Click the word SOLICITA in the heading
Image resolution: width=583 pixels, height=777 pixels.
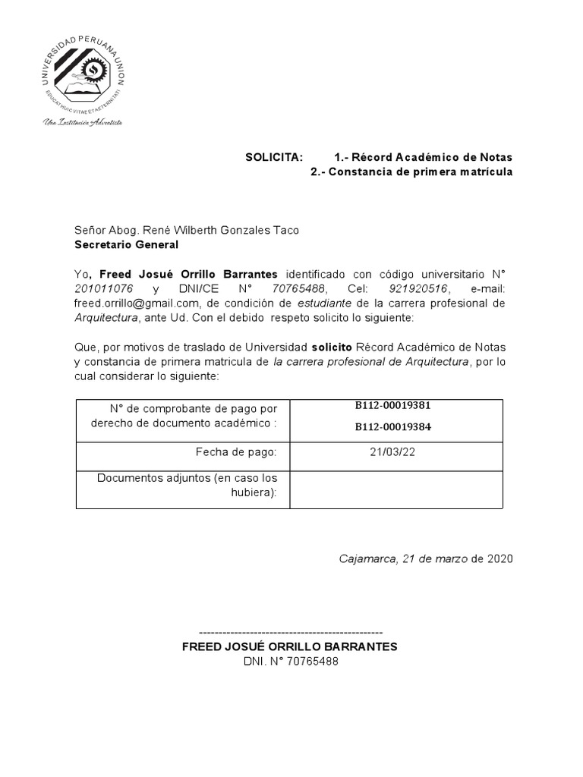pos(273,157)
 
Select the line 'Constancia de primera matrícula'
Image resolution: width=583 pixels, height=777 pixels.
pos(411,172)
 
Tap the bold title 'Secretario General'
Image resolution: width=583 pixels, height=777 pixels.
pos(126,244)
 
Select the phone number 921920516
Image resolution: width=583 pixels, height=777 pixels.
pos(418,288)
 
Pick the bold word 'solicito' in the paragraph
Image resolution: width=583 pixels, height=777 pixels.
pos(332,347)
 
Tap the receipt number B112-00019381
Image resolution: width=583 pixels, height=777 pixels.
pos(393,405)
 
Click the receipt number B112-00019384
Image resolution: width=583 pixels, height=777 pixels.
pos(393,426)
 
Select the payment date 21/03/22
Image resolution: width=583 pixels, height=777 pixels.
pos(395,452)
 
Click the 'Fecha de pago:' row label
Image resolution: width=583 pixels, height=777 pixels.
pos(236,452)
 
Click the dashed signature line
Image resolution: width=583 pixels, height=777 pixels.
pos(290,632)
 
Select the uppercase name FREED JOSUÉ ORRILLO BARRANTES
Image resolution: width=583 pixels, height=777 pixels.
pos(289,646)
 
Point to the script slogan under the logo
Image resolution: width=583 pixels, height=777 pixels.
pos(83,121)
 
